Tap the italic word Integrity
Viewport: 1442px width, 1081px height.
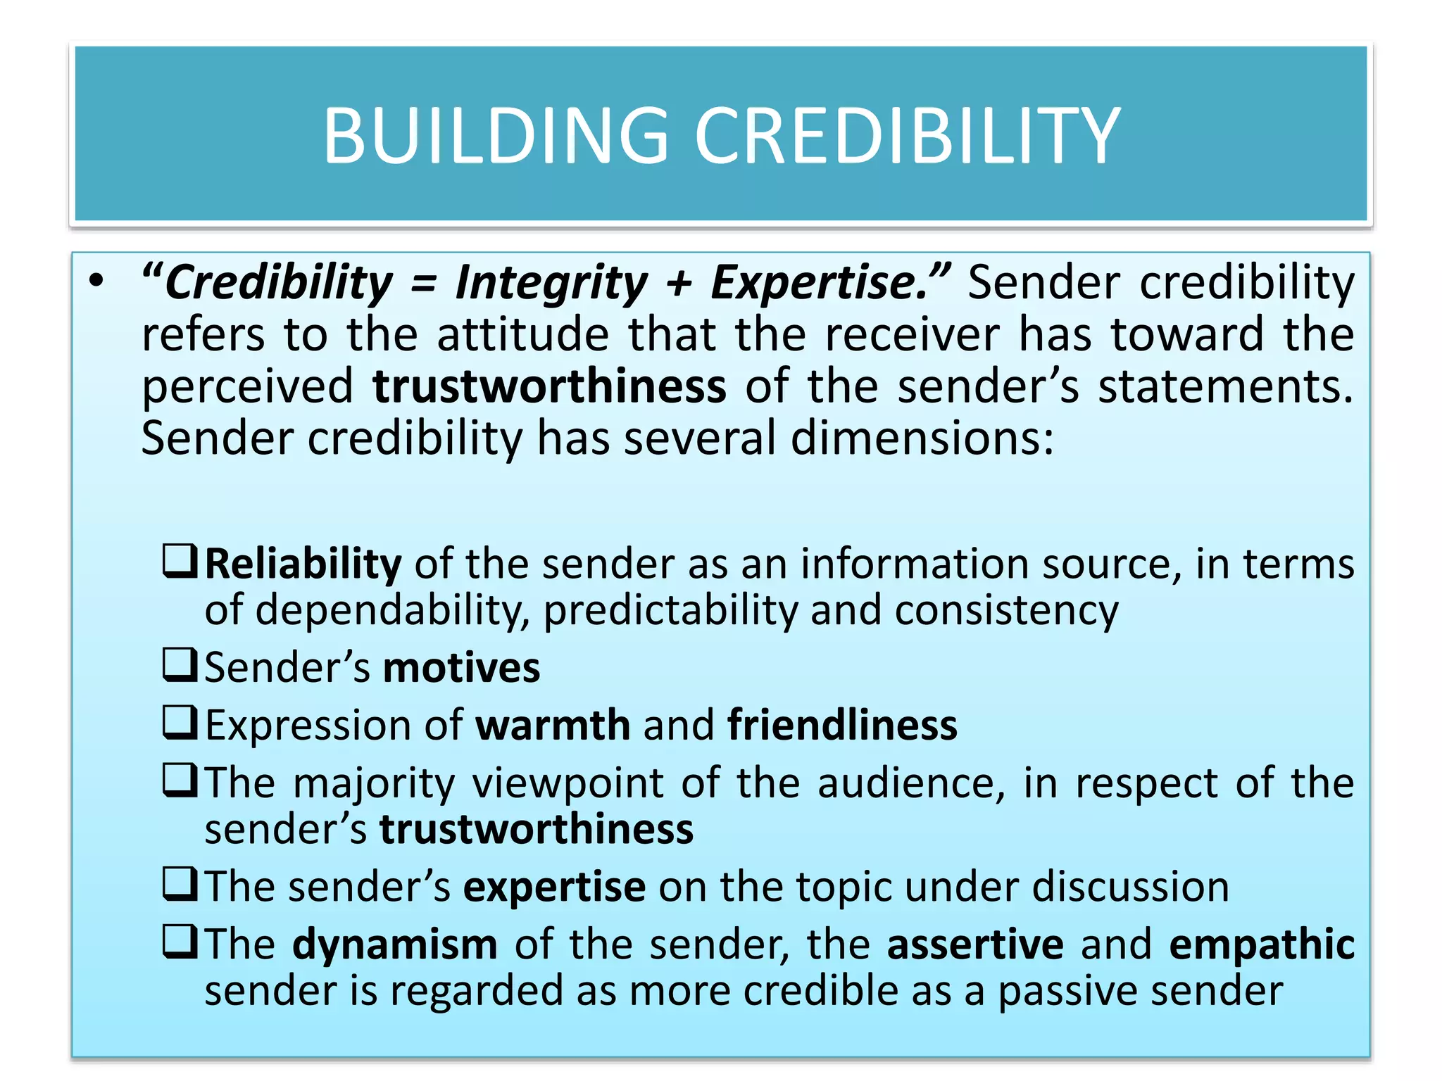tap(551, 283)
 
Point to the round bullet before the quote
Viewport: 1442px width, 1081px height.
tap(96, 282)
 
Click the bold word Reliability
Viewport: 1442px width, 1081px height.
tap(303, 564)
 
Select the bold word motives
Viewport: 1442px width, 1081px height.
tap(462, 667)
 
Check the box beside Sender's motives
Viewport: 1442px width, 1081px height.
tap(180, 665)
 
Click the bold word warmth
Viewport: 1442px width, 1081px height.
tap(553, 725)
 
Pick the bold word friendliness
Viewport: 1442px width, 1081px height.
tap(842, 725)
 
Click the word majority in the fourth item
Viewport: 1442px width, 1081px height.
tap(374, 783)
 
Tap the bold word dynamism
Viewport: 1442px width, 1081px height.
tap(395, 944)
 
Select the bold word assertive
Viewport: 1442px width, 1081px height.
tap(975, 944)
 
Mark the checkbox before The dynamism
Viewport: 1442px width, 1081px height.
tap(180, 942)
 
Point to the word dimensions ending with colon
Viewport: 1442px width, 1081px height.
tap(922, 438)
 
